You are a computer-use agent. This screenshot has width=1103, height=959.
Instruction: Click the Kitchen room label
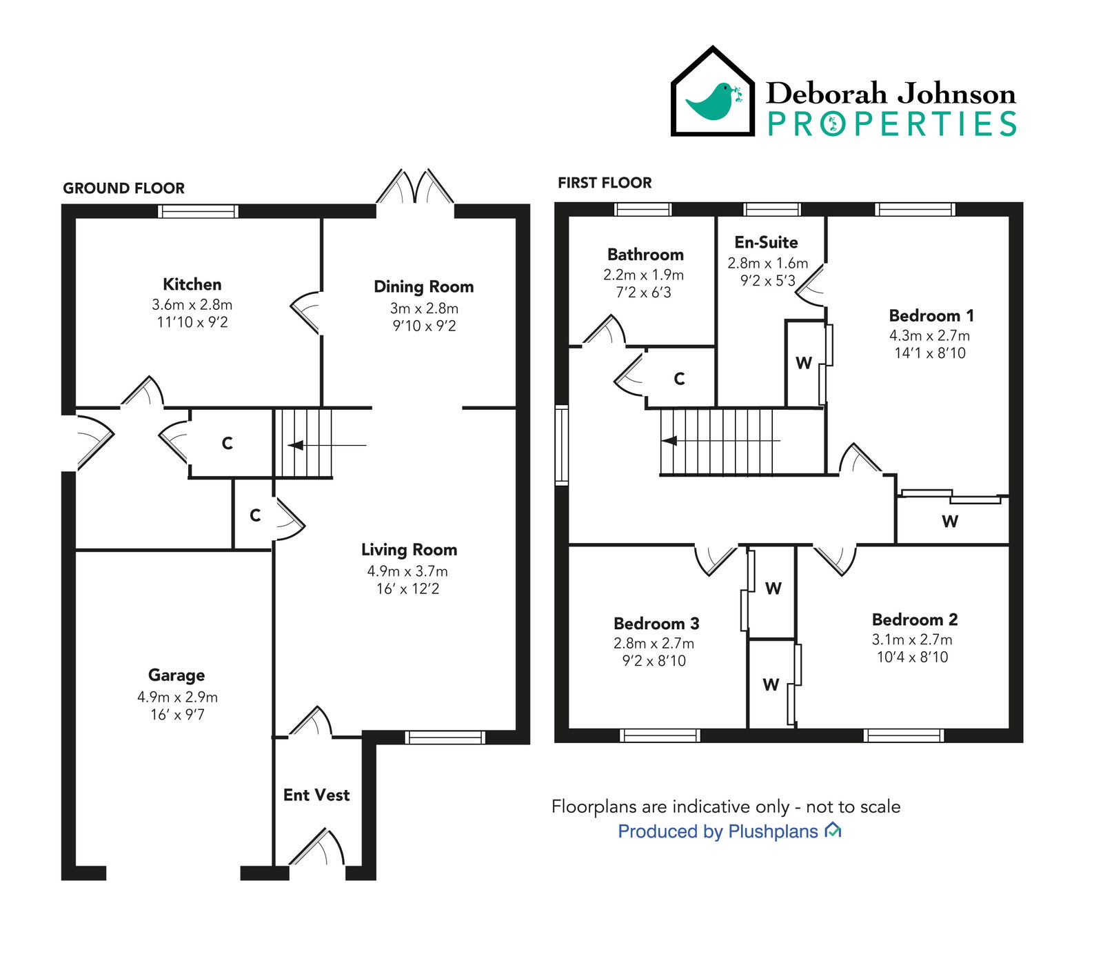coord(192,284)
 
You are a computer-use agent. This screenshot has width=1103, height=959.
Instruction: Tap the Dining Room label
coord(423,286)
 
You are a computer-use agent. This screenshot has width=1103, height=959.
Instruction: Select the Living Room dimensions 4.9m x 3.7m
coord(407,571)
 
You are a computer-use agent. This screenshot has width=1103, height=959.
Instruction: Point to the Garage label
coord(176,675)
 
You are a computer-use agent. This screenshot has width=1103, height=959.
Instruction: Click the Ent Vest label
coord(316,795)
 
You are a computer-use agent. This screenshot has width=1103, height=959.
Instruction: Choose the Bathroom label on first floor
coord(645,255)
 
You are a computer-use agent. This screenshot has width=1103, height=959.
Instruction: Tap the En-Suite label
coord(766,242)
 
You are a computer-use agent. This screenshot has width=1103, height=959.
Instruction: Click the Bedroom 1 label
coord(931,315)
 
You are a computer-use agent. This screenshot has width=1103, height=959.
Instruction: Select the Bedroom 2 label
coord(915,619)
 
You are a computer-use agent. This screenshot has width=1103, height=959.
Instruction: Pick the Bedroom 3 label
coord(656,623)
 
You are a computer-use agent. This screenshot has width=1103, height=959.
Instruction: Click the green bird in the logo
coord(711,101)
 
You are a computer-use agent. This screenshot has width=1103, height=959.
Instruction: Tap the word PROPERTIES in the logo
coord(892,124)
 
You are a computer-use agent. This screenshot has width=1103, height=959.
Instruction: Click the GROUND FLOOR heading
coord(124,188)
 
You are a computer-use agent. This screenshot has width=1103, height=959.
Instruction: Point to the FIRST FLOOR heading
coord(605,183)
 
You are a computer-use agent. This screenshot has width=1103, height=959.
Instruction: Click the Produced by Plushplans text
coord(718,831)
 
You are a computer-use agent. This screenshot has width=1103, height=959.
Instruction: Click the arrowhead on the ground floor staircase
coord(296,445)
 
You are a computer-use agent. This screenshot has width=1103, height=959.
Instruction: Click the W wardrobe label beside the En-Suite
coord(804,363)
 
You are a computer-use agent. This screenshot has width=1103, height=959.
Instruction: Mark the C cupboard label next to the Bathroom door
coord(679,378)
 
